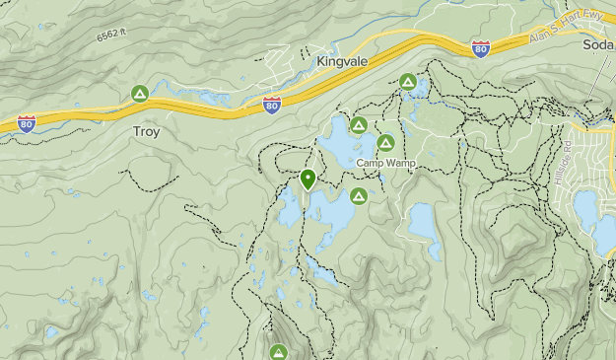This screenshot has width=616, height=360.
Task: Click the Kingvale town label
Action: [x=342, y=61]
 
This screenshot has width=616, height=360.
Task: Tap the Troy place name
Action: [x=146, y=130]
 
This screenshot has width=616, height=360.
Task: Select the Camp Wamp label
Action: [x=385, y=162]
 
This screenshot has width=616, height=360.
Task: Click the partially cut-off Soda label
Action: [x=597, y=45]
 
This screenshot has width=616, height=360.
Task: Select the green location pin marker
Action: [x=308, y=179]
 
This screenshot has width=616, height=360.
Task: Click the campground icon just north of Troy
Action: [x=140, y=94]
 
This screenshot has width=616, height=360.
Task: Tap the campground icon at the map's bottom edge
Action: [x=279, y=352]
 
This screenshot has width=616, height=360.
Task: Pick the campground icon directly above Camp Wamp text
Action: [x=385, y=143]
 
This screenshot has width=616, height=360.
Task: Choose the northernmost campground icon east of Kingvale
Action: [x=407, y=82]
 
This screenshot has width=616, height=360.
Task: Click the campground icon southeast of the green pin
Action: [x=359, y=195]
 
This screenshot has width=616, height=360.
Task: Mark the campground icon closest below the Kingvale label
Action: [x=358, y=125]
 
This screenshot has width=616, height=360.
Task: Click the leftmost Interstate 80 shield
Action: [x=27, y=123]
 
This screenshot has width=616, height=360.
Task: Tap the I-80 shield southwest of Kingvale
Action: [x=272, y=104]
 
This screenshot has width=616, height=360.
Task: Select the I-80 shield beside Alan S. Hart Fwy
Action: [x=480, y=49]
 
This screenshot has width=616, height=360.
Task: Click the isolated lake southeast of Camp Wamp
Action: [x=424, y=225]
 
